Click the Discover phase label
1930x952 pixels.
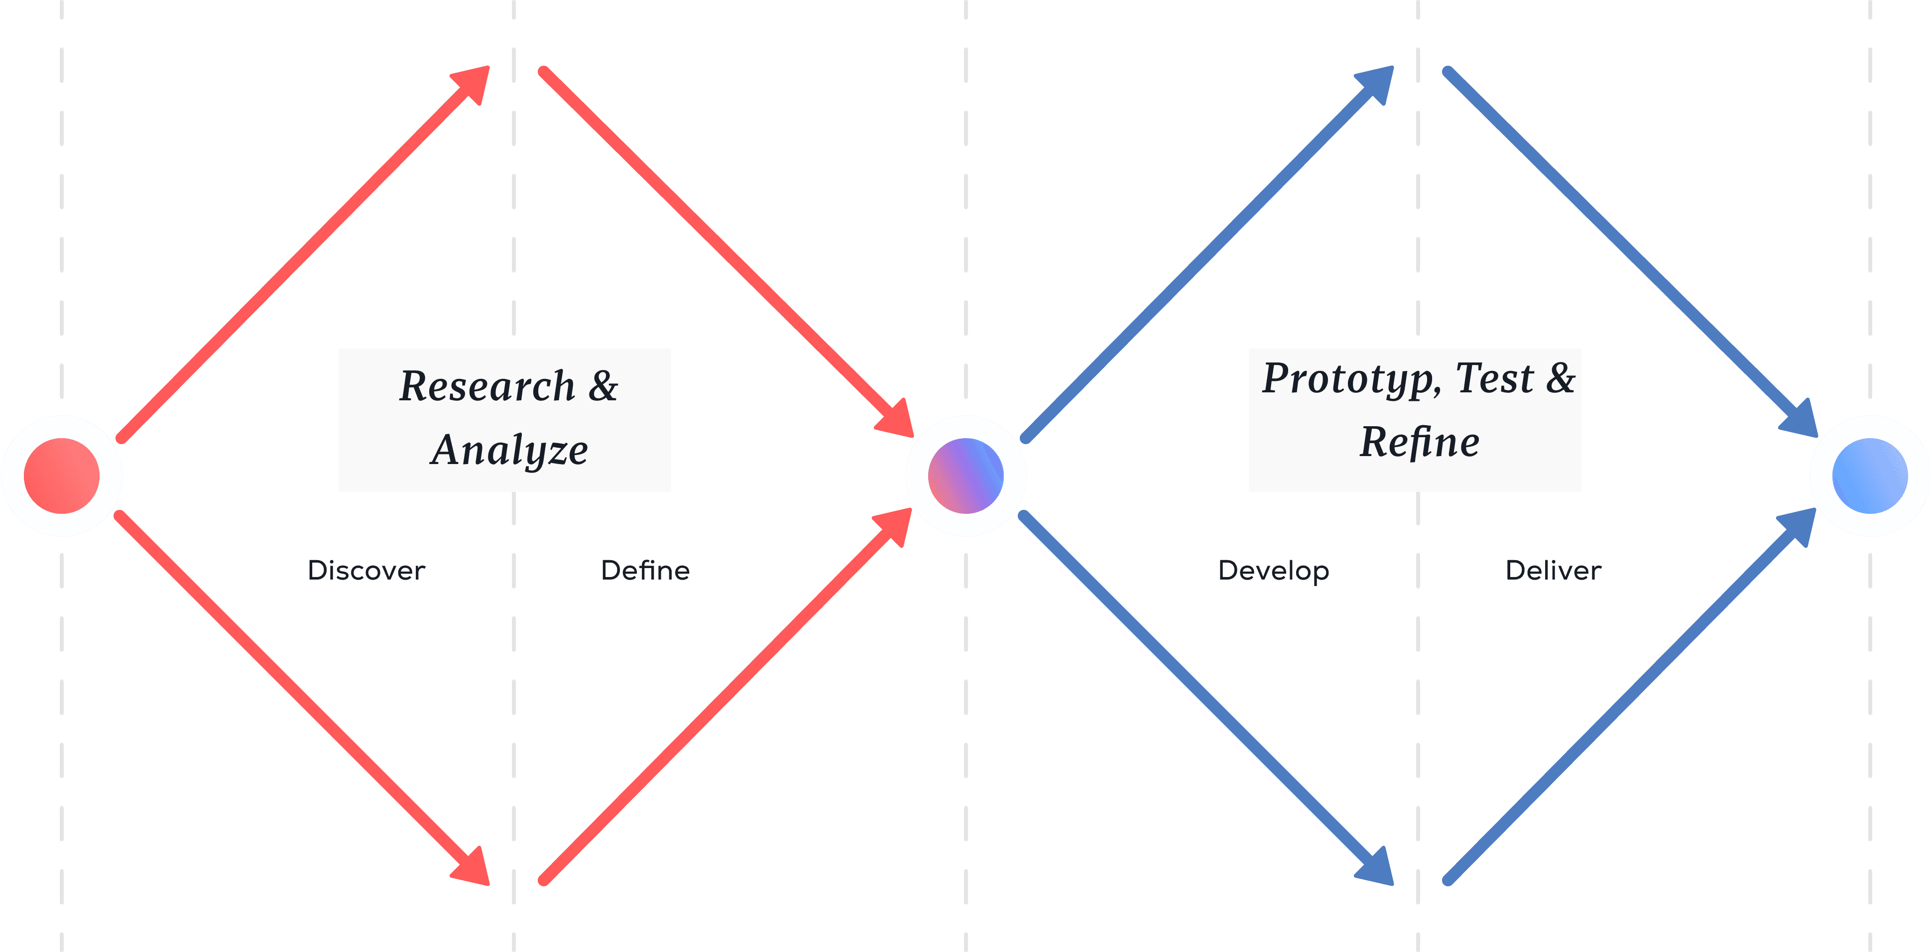366,571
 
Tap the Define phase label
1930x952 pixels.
645,571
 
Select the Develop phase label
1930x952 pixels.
1274,571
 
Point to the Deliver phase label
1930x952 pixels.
1553,571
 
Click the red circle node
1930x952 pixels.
61,476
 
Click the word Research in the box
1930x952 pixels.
487,386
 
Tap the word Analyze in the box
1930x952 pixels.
509,450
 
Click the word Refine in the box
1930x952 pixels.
1419,442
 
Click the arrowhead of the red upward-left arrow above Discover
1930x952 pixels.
474,82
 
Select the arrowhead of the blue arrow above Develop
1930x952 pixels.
1378,82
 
